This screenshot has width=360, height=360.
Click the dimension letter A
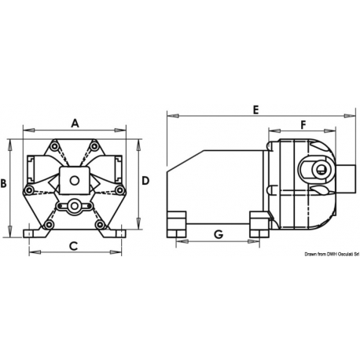tap(75, 123)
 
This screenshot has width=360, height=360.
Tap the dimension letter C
tap(73, 246)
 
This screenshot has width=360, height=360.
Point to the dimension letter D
tap(145, 181)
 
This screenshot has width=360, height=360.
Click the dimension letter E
tap(255, 110)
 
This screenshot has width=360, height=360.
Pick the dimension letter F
tap(303, 123)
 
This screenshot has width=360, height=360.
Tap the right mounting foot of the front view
tap(118, 234)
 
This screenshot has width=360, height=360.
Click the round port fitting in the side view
tap(318, 170)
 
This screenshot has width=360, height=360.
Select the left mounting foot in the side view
tap(176, 223)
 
